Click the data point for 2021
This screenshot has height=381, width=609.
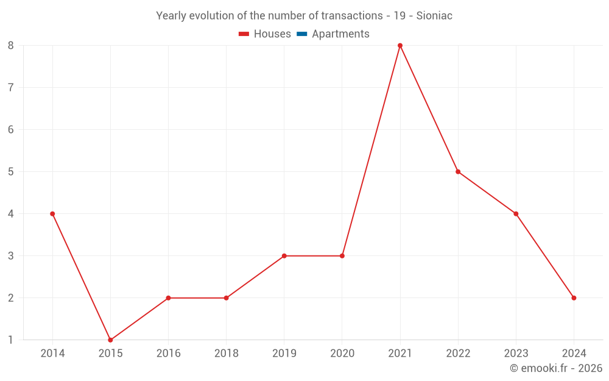(x=400, y=45)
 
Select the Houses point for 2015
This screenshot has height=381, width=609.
(x=110, y=340)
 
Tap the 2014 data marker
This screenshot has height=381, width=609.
(x=52, y=214)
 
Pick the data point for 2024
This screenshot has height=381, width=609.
(x=574, y=298)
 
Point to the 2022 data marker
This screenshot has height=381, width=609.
(x=458, y=172)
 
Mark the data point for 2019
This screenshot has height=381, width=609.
(x=284, y=256)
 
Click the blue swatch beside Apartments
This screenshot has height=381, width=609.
(x=301, y=34)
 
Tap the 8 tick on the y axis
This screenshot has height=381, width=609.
(x=11, y=45)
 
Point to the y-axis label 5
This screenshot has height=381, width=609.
(x=11, y=172)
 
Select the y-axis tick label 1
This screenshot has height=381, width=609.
(x=11, y=340)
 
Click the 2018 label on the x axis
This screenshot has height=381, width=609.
(x=226, y=354)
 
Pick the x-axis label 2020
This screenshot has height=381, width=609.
(x=342, y=354)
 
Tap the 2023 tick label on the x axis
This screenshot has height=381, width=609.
(x=516, y=354)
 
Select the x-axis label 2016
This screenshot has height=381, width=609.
(x=168, y=354)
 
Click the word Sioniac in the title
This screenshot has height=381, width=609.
(x=434, y=16)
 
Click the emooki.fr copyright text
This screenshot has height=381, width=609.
(x=556, y=368)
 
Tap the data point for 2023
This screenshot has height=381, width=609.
(x=516, y=214)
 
